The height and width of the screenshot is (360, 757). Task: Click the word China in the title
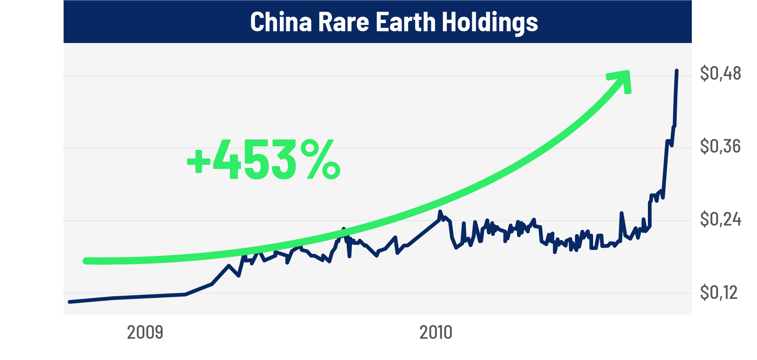(281, 22)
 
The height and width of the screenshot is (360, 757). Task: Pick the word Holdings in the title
(490, 22)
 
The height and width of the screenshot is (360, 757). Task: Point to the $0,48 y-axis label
(720, 73)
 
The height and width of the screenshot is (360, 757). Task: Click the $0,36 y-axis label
(720, 146)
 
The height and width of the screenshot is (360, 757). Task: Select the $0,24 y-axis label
(720, 219)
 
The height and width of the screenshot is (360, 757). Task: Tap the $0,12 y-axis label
(719, 293)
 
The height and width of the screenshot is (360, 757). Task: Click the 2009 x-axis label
(145, 332)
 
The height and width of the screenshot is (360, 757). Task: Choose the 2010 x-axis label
(436, 332)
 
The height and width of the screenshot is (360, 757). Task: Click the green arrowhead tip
(628, 72)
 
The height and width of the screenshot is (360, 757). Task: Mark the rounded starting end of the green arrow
(86, 261)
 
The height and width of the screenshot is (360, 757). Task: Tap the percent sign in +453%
(320, 159)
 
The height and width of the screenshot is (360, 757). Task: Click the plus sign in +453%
(198, 161)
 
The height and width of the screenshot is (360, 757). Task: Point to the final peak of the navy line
(677, 71)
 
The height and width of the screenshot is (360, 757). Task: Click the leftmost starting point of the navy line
(69, 302)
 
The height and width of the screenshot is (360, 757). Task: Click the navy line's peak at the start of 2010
(440, 211)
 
